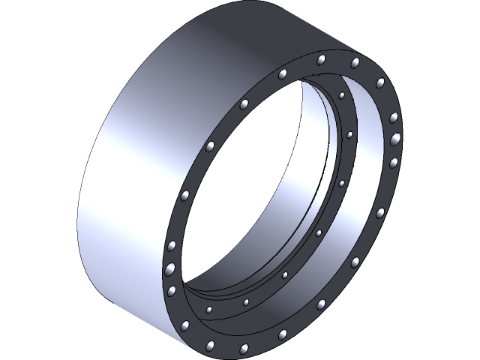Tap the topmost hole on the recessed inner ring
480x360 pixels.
[341, 96]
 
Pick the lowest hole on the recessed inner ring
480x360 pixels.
[208, 309]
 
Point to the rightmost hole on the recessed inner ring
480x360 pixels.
[349, 135]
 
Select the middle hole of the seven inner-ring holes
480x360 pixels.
[319, 233]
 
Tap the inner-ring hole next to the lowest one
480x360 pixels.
[244, 302]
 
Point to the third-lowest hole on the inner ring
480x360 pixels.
[286, 275]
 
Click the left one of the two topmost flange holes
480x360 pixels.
[321, 59]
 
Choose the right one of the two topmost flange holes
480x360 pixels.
[355, 61]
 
